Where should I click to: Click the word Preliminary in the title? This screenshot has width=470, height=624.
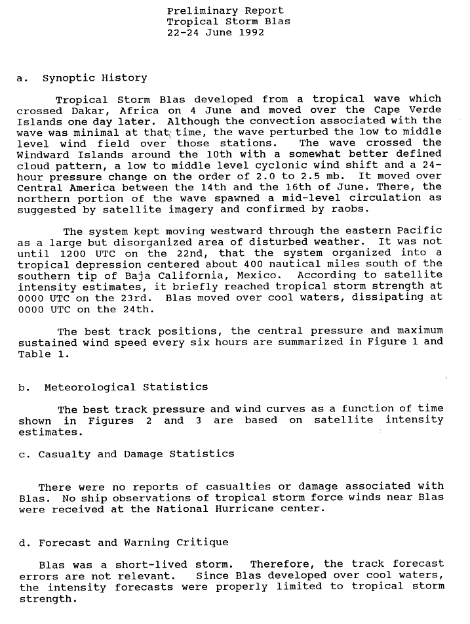(196, 10)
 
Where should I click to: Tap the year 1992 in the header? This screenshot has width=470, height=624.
(252, 32)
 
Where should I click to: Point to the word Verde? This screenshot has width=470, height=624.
(426, 110)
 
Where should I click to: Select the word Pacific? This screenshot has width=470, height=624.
(420, 231)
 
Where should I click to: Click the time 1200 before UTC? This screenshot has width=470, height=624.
(72, 253)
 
